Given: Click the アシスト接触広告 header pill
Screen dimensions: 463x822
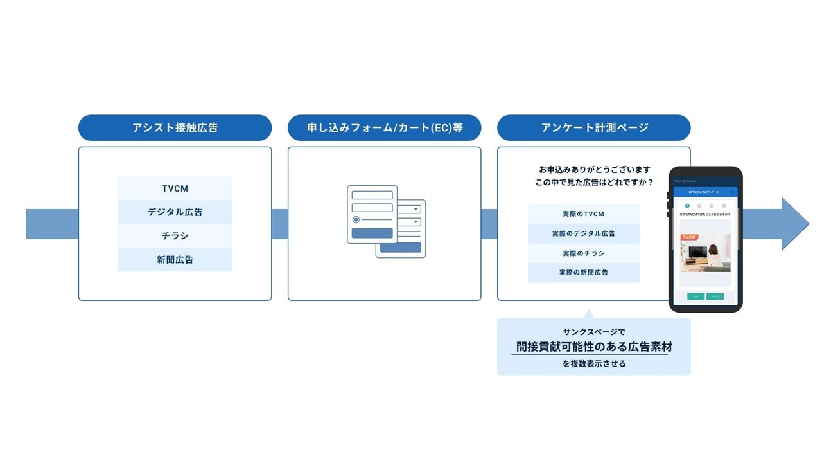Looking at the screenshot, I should (175, 127).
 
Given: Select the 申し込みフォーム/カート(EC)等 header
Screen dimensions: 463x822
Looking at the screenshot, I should (384, 127).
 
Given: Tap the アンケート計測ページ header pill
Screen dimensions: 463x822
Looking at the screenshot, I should (593, 127).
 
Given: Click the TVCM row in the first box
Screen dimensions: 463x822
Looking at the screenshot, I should (175, 189).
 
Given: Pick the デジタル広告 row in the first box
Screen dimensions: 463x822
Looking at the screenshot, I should (175, 212).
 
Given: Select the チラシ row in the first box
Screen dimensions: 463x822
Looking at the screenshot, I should (175, 236).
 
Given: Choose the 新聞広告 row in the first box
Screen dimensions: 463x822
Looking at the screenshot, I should (175, 260).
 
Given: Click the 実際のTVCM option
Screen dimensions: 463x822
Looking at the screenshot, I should (584, 213).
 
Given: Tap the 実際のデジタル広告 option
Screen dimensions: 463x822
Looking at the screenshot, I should (584, 233).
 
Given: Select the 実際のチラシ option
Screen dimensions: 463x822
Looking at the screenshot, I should (584, 253).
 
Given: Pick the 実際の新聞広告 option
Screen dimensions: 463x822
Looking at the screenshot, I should (584, 273).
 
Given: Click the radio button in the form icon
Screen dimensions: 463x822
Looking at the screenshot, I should (356, 220).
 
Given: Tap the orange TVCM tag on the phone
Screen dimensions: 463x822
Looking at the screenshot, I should (689, 237).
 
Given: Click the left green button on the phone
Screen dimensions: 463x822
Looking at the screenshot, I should (695, 296).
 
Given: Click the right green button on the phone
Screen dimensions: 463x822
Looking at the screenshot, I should (715, 296).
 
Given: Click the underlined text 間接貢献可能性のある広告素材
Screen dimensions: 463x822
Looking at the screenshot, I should (594, 347).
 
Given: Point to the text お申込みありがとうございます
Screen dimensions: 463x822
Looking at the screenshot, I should (594, 169).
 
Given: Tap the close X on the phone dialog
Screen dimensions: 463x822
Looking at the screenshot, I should (731, 192).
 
